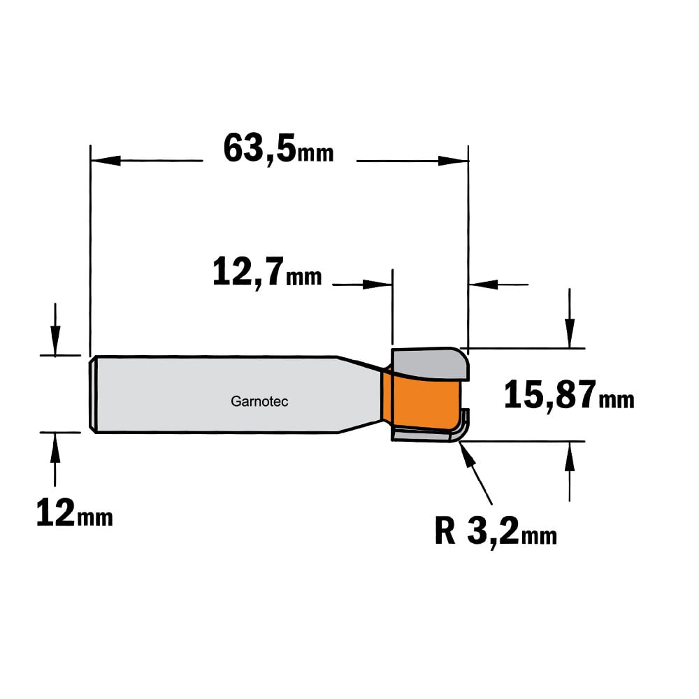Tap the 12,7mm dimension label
pyautogui.click(x=266, y=273)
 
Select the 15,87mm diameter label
pyautogui.click(x=569, y=394)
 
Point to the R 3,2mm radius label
pyautogui.click(x=496, y=531)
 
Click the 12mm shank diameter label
pyautogui.click(x=74, y=513)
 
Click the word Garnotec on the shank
pyautogui.click(x=259, y=402)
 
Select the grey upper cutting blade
pyautogui.click(x=430, y=363)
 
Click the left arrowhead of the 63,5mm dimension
pyautogui.click(x=106, y=161)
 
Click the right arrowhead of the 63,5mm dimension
pyautogui.click(x=453, y=161)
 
